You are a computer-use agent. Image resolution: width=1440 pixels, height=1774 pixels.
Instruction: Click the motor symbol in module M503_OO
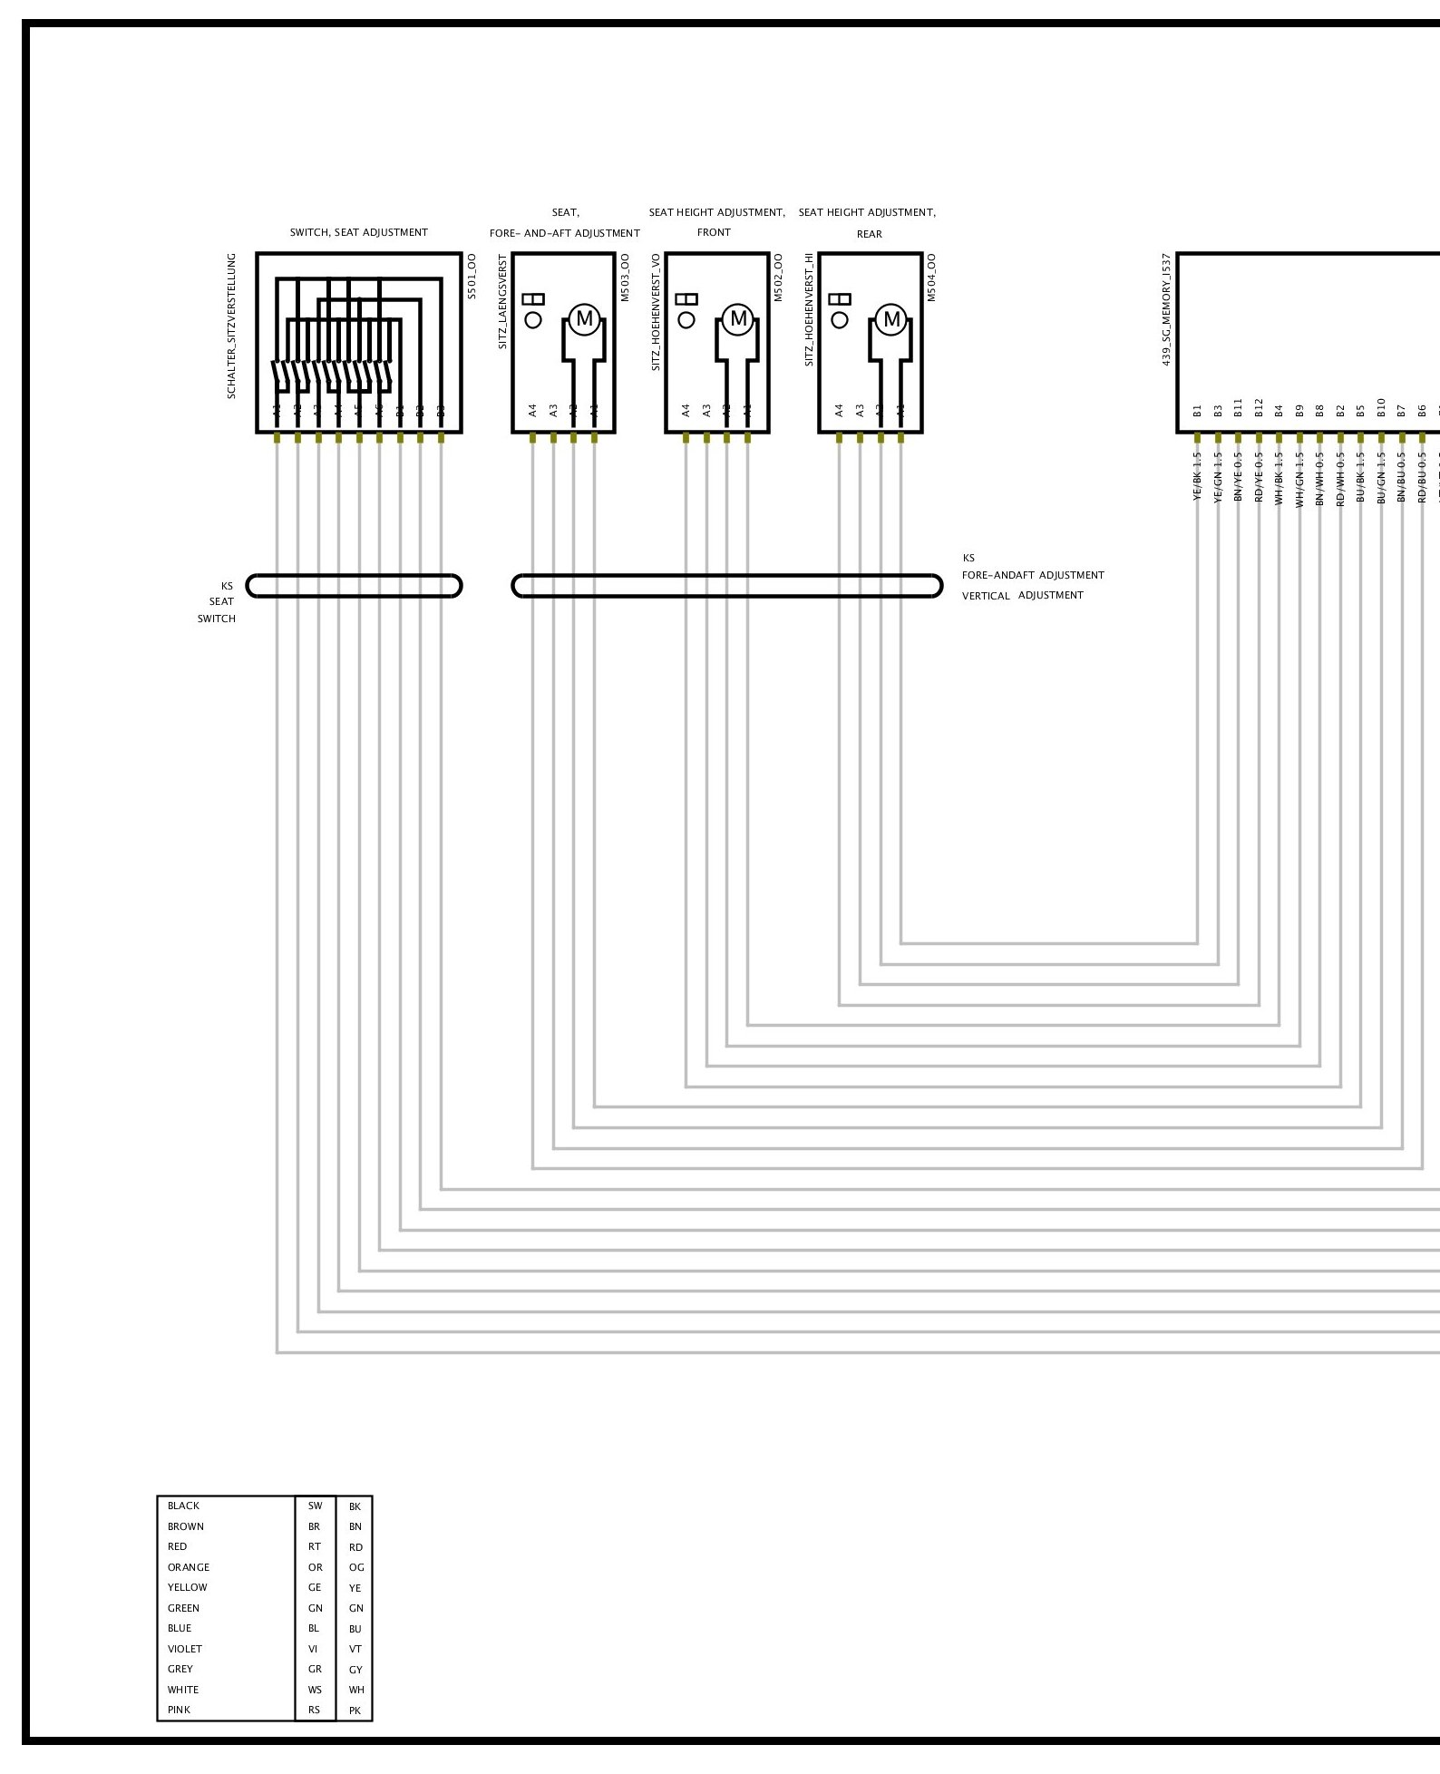click(x=584, y=319)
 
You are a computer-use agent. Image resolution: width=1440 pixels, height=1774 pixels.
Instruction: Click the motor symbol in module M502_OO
click(x=738, y=319)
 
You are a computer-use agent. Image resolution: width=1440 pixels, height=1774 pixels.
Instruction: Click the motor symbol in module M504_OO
click(x=892, y=319)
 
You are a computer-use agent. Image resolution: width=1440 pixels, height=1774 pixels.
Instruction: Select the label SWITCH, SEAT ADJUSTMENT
click(x=358, y=233)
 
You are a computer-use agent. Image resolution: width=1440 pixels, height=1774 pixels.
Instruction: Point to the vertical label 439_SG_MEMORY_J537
click(x=1166, y=309)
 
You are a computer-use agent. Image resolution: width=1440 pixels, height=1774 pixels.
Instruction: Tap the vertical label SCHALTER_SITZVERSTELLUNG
click(x=231, y=326)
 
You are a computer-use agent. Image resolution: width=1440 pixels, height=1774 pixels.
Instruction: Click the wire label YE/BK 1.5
click(x=1197, y=477)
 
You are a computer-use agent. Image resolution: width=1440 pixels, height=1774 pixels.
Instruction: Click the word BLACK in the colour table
click(x=183, y=1506)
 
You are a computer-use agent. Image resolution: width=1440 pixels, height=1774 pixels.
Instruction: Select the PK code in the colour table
click(x=355, y=1711)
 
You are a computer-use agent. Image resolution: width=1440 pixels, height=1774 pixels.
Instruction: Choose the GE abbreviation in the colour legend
click(x=315, y=1587)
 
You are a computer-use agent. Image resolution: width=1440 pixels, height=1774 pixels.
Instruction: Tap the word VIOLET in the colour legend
click(x=185, y=1649)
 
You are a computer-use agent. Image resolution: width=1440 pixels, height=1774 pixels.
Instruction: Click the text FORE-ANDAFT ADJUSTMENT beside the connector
click(x=1033, y=575)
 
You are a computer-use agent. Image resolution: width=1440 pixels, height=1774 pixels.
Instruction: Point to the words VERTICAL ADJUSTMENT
click(x=1022, y=595)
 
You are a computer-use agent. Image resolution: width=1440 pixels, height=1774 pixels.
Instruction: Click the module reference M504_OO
click(x=932, y=278)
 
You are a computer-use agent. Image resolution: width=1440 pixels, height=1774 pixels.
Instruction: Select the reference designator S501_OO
click(x=471, y=278)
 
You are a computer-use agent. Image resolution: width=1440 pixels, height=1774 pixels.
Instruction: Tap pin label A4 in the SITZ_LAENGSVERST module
click(x=532, y=411)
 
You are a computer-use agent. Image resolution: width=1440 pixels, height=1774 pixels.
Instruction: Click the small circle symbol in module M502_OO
click(x=686, y=320)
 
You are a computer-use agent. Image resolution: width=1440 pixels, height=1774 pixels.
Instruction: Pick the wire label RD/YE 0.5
click(x=1259, y=477)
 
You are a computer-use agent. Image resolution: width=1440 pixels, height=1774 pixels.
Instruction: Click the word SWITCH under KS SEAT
click(x=217, y=619)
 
